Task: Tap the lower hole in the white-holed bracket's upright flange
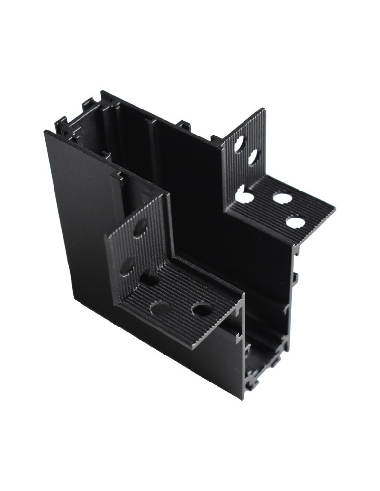[x=254, y=158]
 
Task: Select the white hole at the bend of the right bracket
[x=244, y=197]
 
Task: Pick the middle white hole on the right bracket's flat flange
[x=282, y=199]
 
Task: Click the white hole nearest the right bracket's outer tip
[x=295, y=222]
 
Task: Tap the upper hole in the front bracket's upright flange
[x=140, y=228]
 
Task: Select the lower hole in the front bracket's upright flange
[x=127, y=267]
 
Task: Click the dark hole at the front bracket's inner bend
[x=151, y=280]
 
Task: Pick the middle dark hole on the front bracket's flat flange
[x=159, y=308]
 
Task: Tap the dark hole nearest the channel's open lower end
[x=201, y=309]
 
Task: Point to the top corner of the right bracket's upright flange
[x=264, y=109]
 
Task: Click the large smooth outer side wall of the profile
[x=79, y=221]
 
